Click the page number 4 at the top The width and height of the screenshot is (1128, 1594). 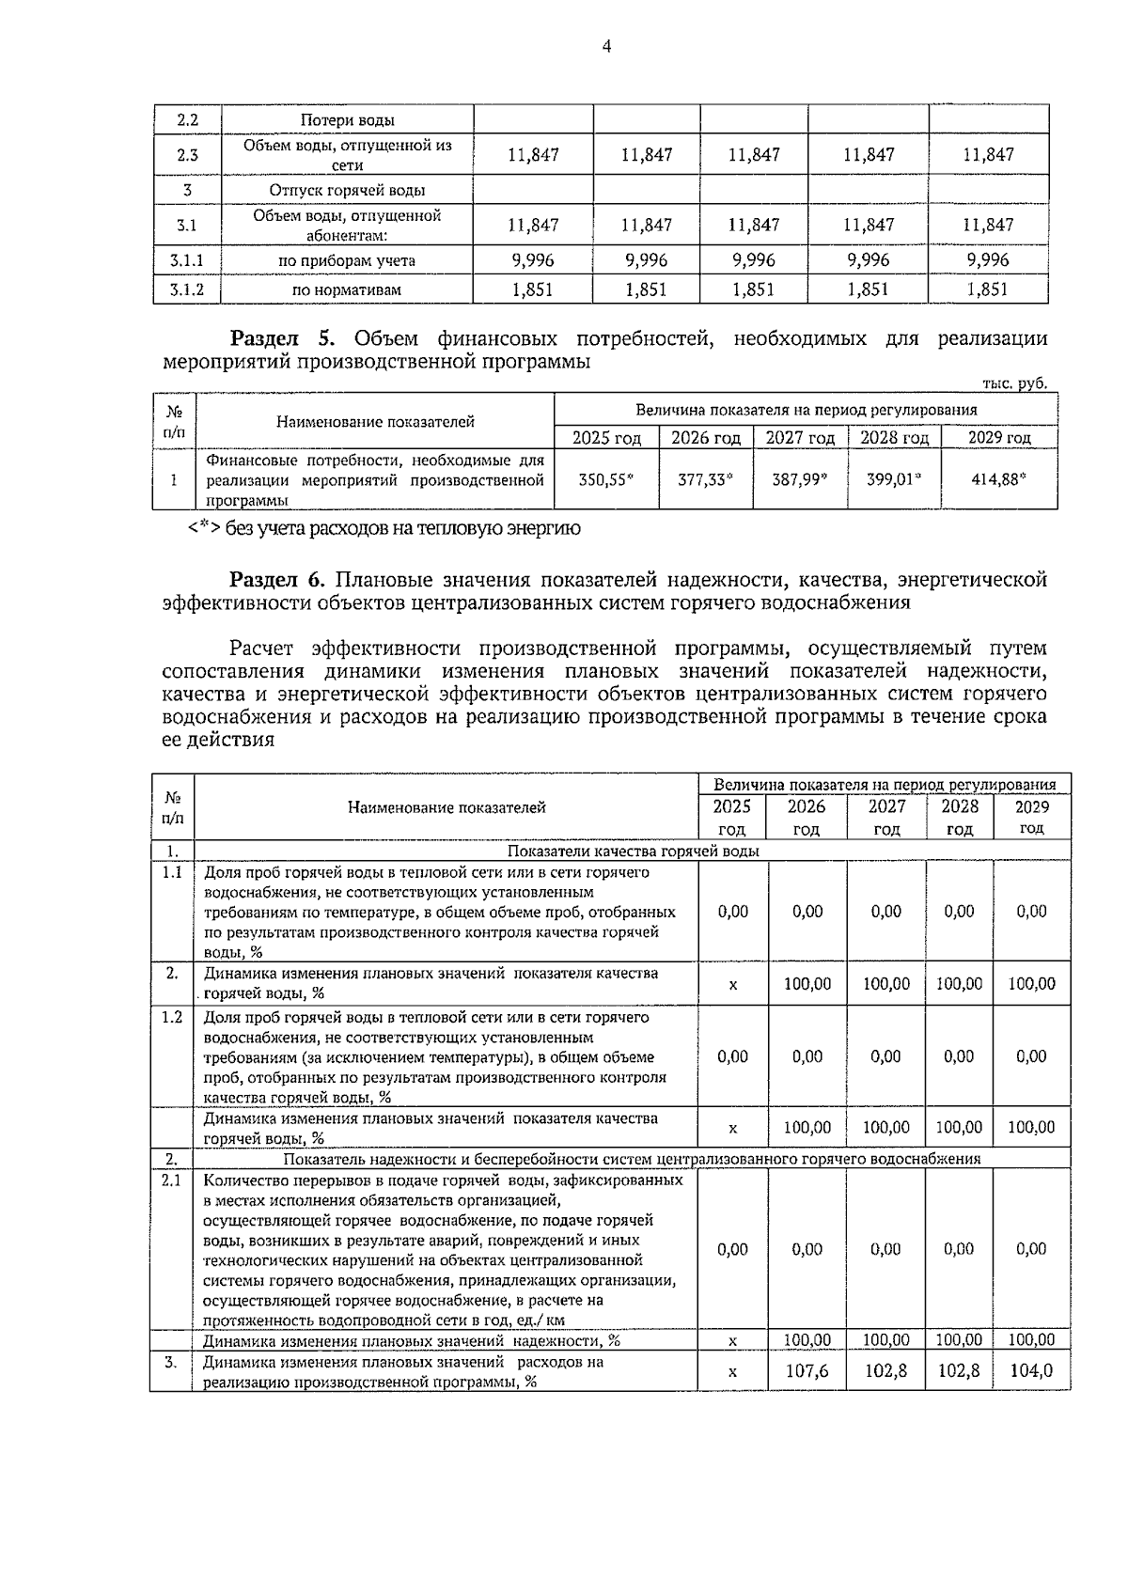[606, 46]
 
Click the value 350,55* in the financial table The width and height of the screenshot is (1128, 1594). [605, 479]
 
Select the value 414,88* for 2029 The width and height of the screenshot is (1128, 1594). [998, 479]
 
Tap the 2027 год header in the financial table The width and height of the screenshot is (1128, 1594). [799, 438]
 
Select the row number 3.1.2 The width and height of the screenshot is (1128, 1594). [187, 289]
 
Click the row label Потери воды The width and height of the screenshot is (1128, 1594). [347, 120]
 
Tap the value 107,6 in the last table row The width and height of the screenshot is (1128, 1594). [807, 1371]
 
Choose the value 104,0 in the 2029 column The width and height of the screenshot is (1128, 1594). [1031, 1371]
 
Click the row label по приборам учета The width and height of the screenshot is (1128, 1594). [347, 260]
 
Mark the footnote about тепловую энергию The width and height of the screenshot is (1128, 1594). [385, 529]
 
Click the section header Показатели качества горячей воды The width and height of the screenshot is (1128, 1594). [633, 852]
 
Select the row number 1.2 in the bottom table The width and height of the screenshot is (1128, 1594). [171, 1017]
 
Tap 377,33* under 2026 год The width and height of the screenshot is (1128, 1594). [705, 479]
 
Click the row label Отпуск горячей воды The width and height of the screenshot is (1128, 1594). [347, 191]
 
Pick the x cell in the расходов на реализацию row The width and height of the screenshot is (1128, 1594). [732, 1372]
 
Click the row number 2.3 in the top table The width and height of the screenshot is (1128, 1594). [187, 155]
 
